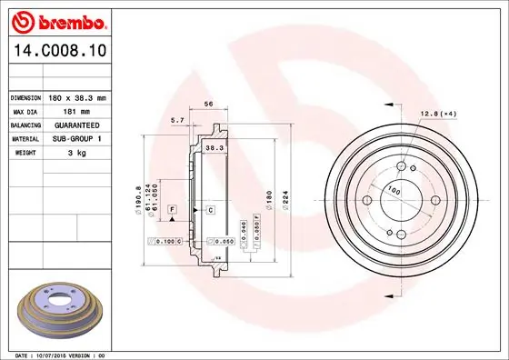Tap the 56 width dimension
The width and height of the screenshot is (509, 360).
tap(207, 104)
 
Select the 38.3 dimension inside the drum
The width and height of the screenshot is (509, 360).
tap(213, 146)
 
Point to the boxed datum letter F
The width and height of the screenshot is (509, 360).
tap(169, 210)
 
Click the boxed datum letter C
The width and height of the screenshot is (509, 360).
tap(210, 210)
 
